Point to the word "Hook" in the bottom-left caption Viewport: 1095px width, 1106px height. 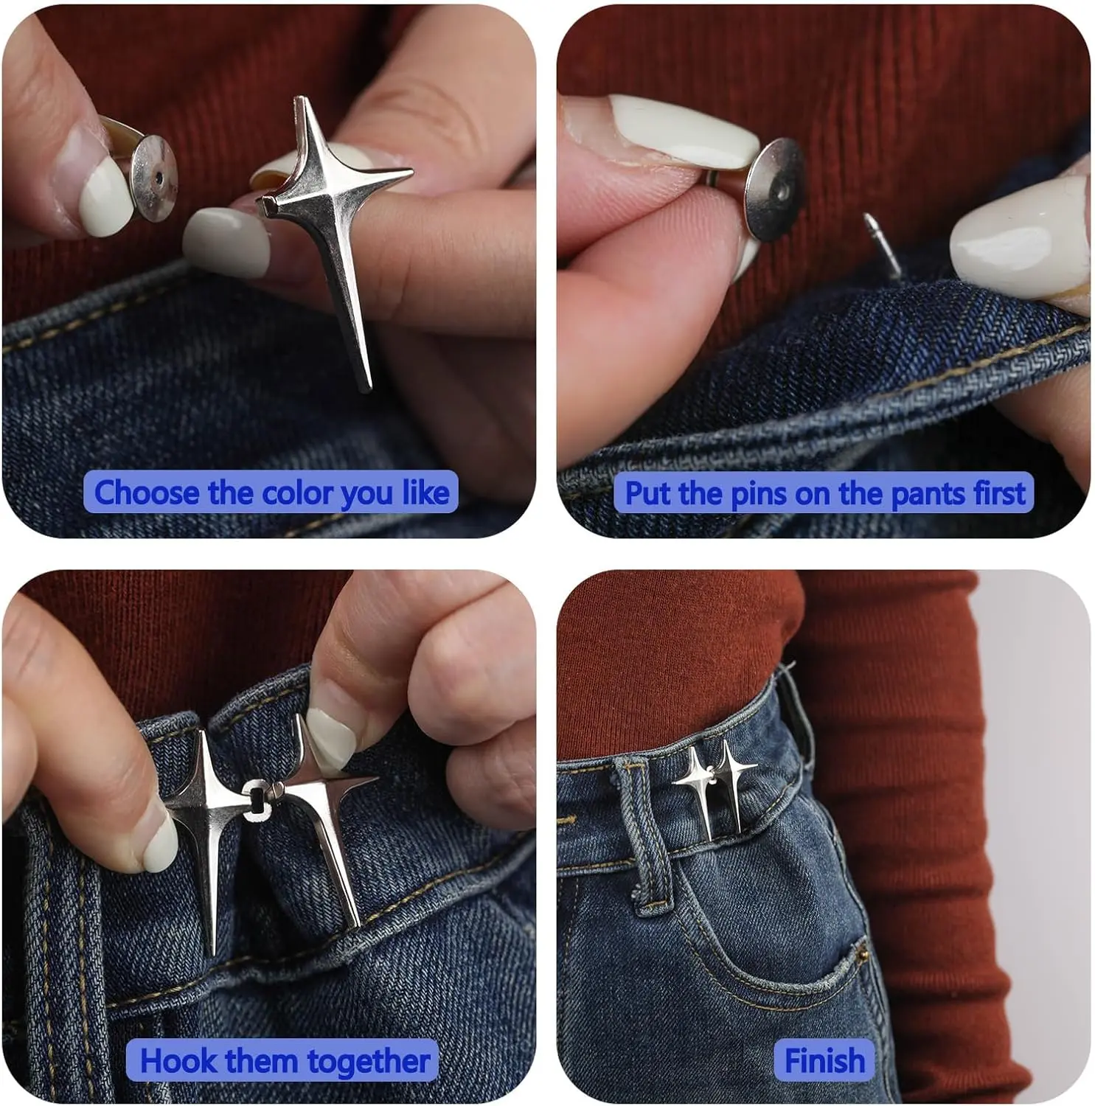click(x=170, y=1061)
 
